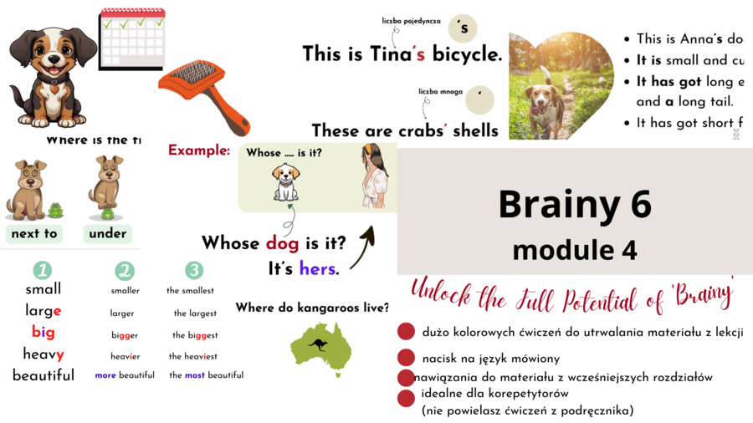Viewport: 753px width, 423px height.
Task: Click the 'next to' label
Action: (x=34, y=233)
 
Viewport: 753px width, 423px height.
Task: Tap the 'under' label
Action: (x=107, y=233)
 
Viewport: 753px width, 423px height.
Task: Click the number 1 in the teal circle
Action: (x=43, y=270)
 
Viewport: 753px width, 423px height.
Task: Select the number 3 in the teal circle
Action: (x=194, y=270)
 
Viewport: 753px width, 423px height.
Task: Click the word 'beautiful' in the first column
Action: (x=44, y=375)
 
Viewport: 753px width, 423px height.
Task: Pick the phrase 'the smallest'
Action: (x=190, y=291)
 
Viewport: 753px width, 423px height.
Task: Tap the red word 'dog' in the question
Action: (x=282, y=243)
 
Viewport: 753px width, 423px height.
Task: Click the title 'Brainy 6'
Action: (x=575, y=203)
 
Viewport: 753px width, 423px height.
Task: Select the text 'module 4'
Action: (x=575, y=249)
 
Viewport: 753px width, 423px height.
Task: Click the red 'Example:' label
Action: (x=199, y=150)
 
